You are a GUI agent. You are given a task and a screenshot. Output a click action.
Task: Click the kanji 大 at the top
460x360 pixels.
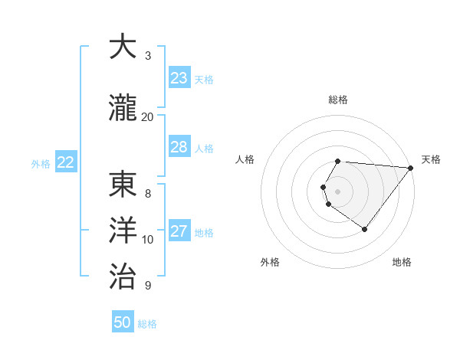tap(123, 47)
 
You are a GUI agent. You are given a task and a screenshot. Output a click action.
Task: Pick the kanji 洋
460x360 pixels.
tap(123, 231)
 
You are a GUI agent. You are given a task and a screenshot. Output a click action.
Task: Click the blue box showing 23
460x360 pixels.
tap(179, 78)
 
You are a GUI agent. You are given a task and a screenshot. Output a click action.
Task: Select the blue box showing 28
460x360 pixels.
tap(179, 147)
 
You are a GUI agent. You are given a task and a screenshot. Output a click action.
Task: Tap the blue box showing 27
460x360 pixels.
tap(179, 231)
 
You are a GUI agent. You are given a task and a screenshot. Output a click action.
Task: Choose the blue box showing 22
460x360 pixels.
tap(66, 162)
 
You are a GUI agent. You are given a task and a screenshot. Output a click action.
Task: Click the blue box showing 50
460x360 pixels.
tap(123, 322)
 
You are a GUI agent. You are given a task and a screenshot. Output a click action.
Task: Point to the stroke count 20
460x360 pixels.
tap(148, 116)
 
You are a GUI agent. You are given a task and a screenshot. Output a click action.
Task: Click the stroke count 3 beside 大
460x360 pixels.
tap(148, 56)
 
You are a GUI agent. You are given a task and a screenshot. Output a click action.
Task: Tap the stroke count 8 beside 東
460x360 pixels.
tap(148, 194)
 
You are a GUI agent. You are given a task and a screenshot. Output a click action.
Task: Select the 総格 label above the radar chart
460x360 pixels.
tap(338, 100)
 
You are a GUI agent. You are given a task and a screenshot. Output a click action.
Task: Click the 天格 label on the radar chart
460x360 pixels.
tap(431, 159)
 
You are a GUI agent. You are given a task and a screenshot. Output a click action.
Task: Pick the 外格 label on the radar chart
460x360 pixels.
tap(270, 262)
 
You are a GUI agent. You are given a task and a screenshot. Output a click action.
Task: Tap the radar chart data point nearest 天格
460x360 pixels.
tap(411, 168)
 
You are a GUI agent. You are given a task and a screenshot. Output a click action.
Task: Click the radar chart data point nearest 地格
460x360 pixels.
tap(364, 229)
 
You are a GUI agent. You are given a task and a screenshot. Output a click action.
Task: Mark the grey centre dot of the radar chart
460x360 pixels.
tap(338, 191)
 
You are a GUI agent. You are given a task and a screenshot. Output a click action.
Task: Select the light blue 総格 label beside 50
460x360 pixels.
tap(147, 324)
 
